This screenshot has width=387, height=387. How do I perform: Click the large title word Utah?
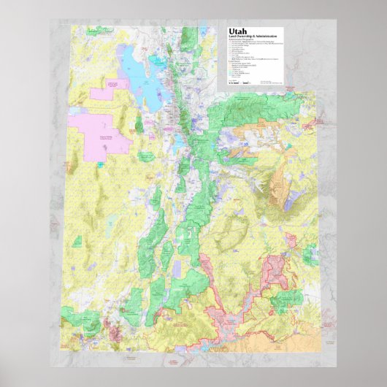pos(239,32)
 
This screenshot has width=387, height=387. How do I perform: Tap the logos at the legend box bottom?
pos(249,83)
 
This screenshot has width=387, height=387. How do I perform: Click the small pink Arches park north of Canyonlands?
pos(290,240)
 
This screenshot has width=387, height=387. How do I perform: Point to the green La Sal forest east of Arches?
pos(310,252)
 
